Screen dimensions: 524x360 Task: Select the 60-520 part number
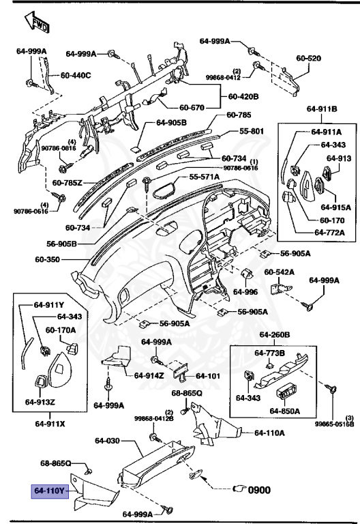(308, 59)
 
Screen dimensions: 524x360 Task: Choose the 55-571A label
(204, 177)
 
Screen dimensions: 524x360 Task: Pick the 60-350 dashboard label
(49, 259)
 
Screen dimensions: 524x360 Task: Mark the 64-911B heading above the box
(322, 108)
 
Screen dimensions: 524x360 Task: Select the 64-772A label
(329, 232)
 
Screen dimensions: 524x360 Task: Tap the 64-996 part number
(245, 292)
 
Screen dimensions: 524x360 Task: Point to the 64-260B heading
(275, 336)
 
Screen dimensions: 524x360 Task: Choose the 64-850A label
(286, 411)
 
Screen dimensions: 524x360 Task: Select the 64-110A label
(269, 433)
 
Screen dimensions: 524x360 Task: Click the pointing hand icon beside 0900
(240, 489)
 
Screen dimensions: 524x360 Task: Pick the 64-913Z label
(40, 402)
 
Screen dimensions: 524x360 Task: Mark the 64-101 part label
(209, 375)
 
